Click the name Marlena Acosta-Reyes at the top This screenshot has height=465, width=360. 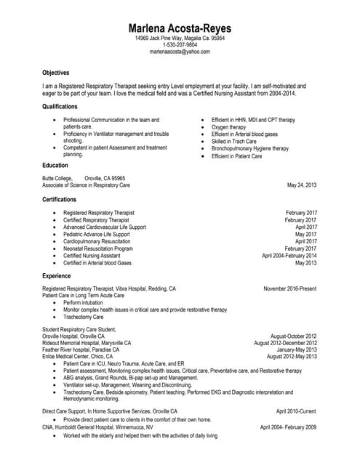tap(180, 27)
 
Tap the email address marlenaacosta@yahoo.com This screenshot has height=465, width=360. tap(180, 52)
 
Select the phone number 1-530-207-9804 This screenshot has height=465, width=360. tap(180, 44)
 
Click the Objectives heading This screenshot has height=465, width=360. tap(56, 73)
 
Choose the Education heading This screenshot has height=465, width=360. tap(55, 165)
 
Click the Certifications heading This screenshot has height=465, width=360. tap(60, 199)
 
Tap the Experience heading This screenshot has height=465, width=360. tap(57, 276)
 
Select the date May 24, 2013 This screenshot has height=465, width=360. tap(302, 185)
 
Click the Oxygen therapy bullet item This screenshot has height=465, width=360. tap(228, 126)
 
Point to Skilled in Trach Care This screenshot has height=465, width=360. tap(233, 141)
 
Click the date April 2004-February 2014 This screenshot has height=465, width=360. tap(289, 256)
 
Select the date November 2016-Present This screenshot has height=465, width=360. tap(290, 288)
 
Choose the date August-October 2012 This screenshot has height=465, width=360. tap(293, 336)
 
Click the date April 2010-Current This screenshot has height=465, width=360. tap(296, 411)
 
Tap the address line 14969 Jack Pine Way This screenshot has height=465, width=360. tap(180, 38)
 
